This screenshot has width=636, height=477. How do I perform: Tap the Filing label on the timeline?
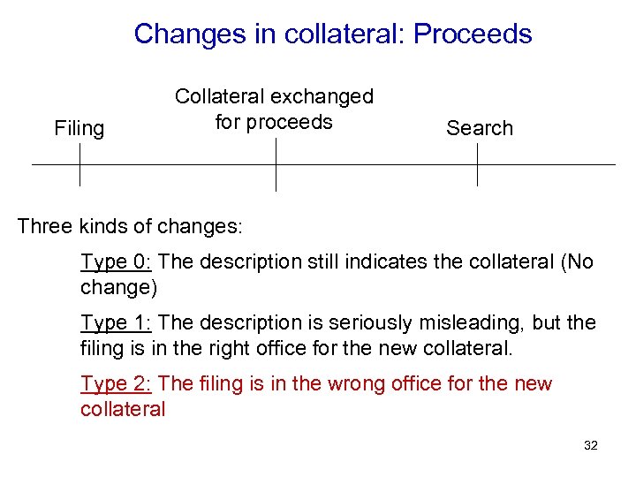(79, 129)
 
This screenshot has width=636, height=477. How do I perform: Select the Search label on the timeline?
(480, 128)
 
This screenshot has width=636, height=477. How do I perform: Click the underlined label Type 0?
(117, 262)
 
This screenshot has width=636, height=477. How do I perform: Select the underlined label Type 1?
(117, 323)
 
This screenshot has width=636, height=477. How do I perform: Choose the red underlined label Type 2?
(117, 384)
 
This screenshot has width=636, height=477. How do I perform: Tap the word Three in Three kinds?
(44, 225)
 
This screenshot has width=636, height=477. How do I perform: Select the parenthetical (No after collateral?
(579, 262)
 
